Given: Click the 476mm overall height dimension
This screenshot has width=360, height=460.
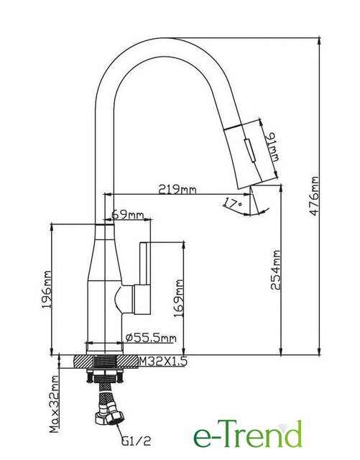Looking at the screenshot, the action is click(314, 196).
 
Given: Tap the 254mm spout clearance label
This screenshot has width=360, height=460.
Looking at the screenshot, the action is click(275, 270).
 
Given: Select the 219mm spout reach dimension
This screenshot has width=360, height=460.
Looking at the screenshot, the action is click(177, 189).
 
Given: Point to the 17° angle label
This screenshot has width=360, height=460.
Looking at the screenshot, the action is click(233, 203).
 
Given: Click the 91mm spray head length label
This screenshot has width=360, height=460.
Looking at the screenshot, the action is click(272, 147).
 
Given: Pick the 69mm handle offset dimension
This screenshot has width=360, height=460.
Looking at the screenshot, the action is click(128, 215).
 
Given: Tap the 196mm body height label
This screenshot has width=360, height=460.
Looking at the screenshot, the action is click(47, 290).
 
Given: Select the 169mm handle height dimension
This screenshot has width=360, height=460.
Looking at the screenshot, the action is click(178, 298).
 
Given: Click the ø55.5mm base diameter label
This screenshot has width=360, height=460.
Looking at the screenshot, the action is click(151, 338).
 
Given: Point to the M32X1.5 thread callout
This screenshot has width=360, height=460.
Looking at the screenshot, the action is click(163, 361).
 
